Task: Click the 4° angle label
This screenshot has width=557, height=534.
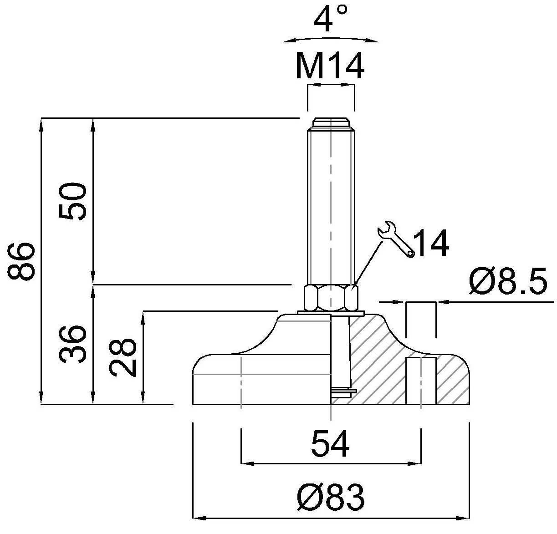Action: [x=331, y=18]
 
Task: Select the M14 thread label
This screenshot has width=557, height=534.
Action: [x=330, y=66]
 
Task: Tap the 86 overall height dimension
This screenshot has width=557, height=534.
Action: [x=21, y=261]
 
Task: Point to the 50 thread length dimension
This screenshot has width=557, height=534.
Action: [x=72, y=202]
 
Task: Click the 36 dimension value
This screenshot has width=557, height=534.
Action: [x=72, y=344]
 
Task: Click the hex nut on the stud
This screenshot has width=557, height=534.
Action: [x=331, y=298]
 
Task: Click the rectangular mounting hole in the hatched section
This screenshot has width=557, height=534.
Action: [x=421, y=381]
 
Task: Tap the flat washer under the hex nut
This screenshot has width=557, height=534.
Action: [x=331, y=313]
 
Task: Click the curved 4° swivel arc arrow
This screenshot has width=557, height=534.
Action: [x=331, y=38]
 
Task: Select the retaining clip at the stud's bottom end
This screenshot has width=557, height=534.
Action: [x=343, y=391]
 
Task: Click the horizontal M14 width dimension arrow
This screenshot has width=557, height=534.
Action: [x=331, y=84]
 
